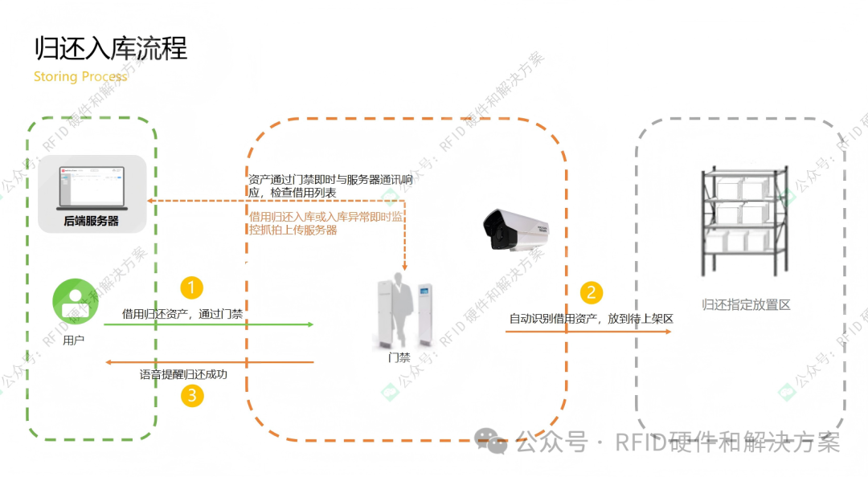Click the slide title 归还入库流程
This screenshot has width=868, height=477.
point(111,48)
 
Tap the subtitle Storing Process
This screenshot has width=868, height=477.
point(80,77)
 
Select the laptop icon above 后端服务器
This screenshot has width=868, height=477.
point(91,185)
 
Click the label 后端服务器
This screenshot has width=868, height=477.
point(91,221)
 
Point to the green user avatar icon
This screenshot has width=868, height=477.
point(73,302)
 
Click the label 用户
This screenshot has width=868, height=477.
point(73,340)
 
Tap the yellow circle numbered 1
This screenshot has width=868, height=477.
point(191,287)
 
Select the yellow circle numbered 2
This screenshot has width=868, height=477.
point(592,292)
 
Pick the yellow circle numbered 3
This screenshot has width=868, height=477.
point(191,395)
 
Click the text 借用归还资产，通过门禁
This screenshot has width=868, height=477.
point(182,314)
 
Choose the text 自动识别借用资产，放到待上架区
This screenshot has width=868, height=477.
point(591,319)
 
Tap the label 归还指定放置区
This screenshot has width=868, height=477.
point(747,305)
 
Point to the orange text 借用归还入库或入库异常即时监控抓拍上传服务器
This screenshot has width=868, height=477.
point(326,223)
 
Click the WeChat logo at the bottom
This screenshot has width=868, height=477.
point(490,441)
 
